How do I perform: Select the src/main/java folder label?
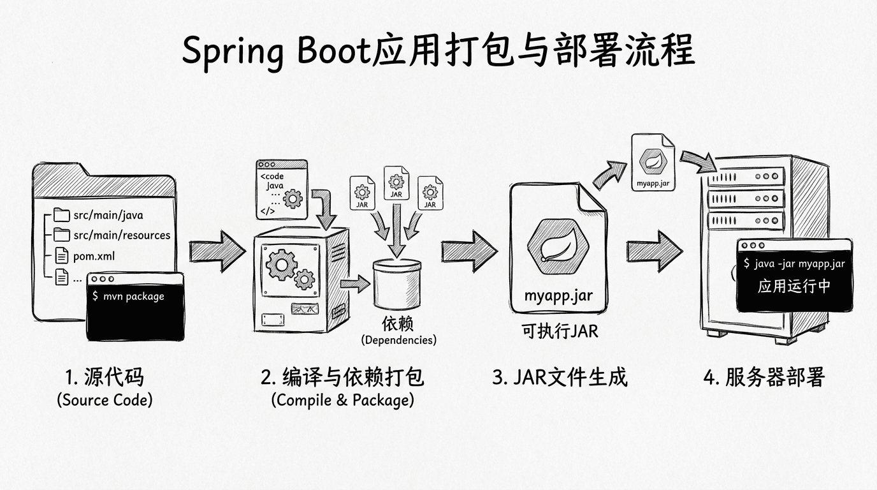tap(108, 215)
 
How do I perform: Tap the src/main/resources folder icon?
tap(61, 234)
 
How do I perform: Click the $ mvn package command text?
tap(128, 296)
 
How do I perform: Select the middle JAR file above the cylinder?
tap(396, 183)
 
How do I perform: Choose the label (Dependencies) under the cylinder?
tap(399, 340)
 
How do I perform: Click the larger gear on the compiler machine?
tap(280, 264)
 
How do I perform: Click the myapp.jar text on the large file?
tap(558, 296)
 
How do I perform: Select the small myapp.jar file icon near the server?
tap(653, 161)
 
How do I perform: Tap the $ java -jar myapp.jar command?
tap(794, 264)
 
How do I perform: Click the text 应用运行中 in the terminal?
tap(794, 286)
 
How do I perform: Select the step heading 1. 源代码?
tap(105, 377)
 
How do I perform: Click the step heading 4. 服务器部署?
tap(764, 377)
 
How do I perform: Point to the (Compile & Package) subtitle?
tap(342, 400)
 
